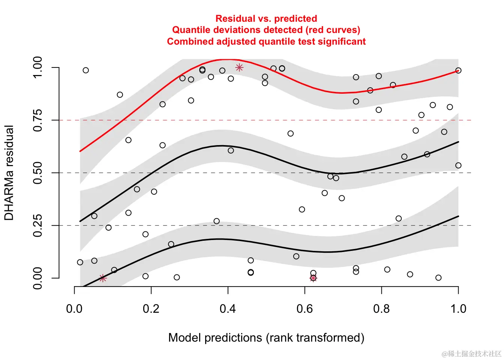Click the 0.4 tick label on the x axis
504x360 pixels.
point(228,309)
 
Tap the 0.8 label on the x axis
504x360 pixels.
point(381,309)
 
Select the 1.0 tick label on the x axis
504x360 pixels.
point(458,309)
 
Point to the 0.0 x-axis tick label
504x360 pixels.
point(74,309)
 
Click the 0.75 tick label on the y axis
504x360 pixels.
point(37,120)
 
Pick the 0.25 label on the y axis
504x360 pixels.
point(37,226)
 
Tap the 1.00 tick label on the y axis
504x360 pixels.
point(37,67)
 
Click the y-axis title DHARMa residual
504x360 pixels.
point(9,173)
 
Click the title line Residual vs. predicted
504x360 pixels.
point(266,18)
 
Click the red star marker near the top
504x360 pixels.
point(239,67)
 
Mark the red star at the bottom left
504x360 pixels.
point(103,278)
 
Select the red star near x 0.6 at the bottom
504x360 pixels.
point(313,278)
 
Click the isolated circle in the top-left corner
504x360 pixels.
point(86,70)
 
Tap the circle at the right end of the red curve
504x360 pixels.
point(458,70)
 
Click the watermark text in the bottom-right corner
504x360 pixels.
point(471,354)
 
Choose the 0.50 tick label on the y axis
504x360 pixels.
point(37,173)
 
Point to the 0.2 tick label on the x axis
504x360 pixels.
point(151,309)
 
